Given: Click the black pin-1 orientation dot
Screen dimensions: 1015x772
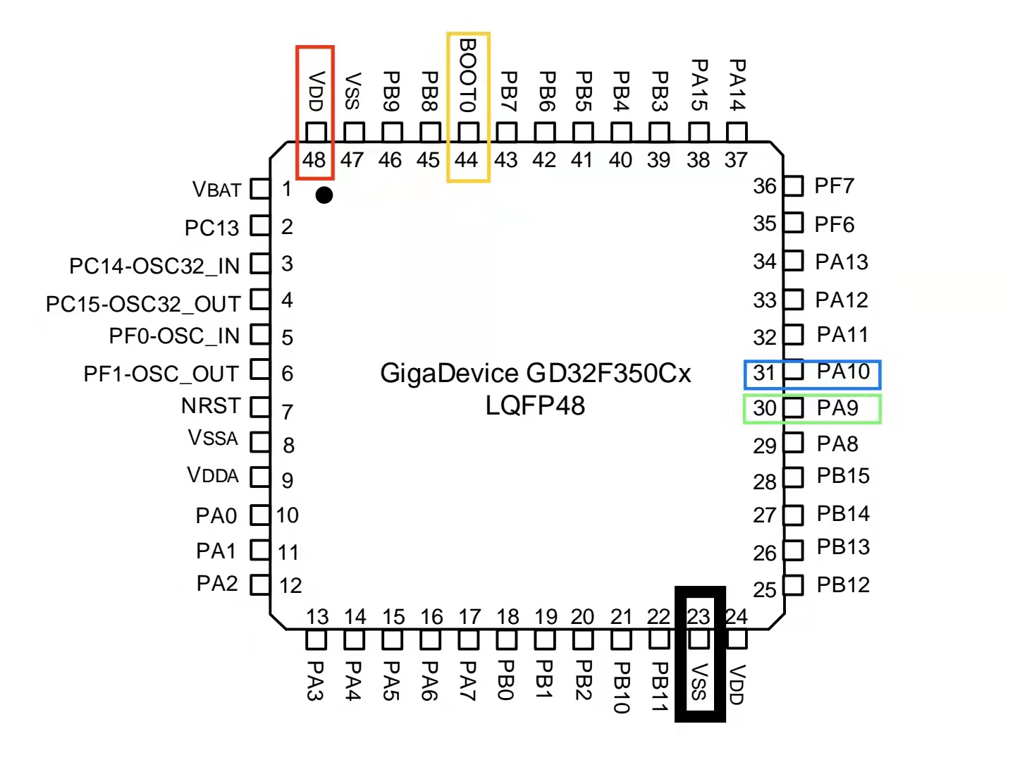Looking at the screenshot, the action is [x=324, y=195].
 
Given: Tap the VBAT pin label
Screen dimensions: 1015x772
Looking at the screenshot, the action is [x=216, y=190].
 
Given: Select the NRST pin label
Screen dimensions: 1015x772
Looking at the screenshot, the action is [x=211, y=405].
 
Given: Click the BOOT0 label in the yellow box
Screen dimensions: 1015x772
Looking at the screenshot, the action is [x=467, y=75].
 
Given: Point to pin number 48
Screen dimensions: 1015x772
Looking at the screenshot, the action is [x=314, y=160].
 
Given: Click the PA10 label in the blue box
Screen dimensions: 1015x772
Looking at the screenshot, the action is [x=843, y=372].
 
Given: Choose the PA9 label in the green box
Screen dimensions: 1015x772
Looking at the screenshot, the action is [x=837, y=408].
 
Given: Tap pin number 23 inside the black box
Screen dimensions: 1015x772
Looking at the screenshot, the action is [x=698, y=616].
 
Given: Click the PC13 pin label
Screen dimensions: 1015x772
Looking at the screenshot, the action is [x=211, y=228].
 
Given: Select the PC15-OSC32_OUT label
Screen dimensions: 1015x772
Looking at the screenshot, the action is [x=143, y=304].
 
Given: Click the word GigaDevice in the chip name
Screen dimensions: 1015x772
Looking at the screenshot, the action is [x=449, y=374].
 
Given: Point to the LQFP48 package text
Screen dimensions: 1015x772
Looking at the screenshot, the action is [x=535, y=405].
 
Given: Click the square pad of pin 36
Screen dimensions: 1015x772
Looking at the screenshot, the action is [x=794, y=186].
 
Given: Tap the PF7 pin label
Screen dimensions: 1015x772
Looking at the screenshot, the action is [x=834, y=186].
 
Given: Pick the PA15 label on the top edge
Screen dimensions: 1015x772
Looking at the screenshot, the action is [x=699, y=85].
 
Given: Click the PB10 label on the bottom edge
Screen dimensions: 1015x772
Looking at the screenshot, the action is [x=622, y=687].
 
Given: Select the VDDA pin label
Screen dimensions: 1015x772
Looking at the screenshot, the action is [x=213, y=475].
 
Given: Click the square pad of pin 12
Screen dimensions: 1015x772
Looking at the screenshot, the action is [x=260, y=584].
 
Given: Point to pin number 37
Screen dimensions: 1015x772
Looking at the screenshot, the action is [x=736, y=160].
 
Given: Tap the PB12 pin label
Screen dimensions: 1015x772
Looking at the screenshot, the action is [x=843, y=584].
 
